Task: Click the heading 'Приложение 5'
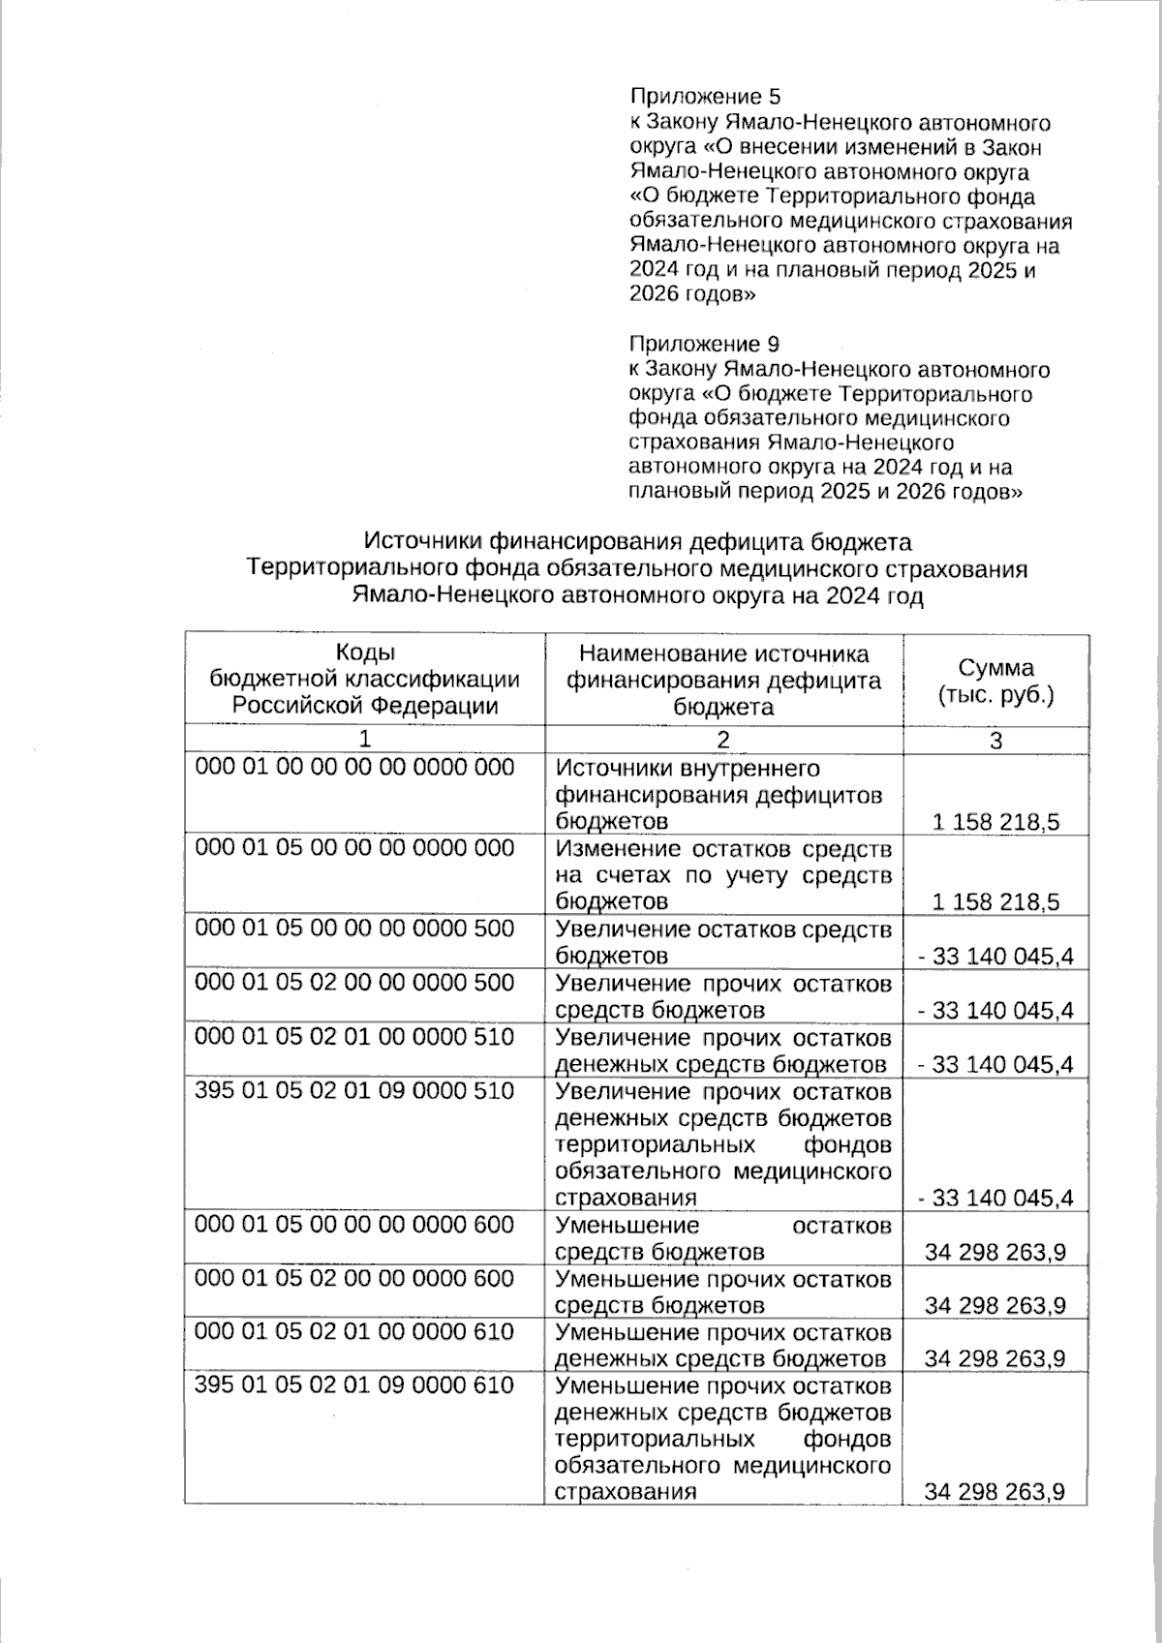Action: click(x=705, y=97)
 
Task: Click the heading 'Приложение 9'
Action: click(x=704, y=345)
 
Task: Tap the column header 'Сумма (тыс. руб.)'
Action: click(x=995, y=681)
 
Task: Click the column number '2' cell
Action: click(x=723, y=740)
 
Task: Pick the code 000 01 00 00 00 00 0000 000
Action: click(x=354, y=768)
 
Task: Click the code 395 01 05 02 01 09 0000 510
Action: click(x=354, y=1091)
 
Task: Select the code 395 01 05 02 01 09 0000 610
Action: click(x=354, y=1385)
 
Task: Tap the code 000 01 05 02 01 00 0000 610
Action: click(x=354, y=1332)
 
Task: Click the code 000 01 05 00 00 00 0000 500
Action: click(x=354, y=928)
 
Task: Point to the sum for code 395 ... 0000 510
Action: click(x=995, y=1199)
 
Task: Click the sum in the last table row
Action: click(x=995, y=1492)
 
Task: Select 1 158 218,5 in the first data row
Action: click(x=995, y=823)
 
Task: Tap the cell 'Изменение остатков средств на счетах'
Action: click(x=723, y=875)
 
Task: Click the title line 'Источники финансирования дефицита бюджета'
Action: click(x=637, y=541)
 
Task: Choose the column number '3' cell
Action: click(x=995, y=740)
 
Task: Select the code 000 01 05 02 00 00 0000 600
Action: click(x=354, y=1279)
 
